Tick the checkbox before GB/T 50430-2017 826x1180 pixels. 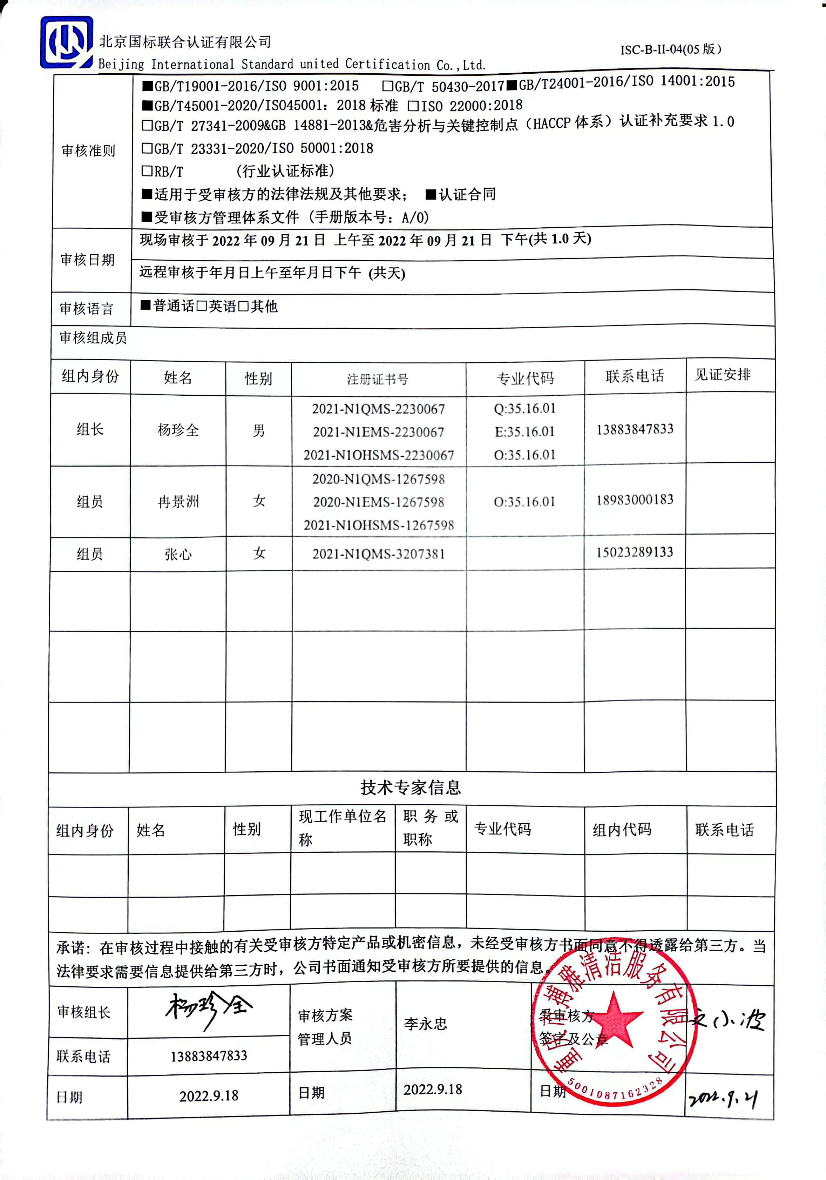387,86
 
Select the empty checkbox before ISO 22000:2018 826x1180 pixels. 413,106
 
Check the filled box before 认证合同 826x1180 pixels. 431,194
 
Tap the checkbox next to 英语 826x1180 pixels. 202,306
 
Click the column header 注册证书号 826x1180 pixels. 378,379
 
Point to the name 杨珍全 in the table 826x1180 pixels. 178,430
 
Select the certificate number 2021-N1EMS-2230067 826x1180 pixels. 379,432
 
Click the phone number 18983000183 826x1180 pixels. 634,500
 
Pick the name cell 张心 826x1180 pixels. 178,554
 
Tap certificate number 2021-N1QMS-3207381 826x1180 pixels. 379,554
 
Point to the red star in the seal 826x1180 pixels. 615,1018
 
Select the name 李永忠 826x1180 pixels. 425,1024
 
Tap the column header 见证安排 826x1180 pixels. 723,375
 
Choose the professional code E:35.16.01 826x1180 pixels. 524,432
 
